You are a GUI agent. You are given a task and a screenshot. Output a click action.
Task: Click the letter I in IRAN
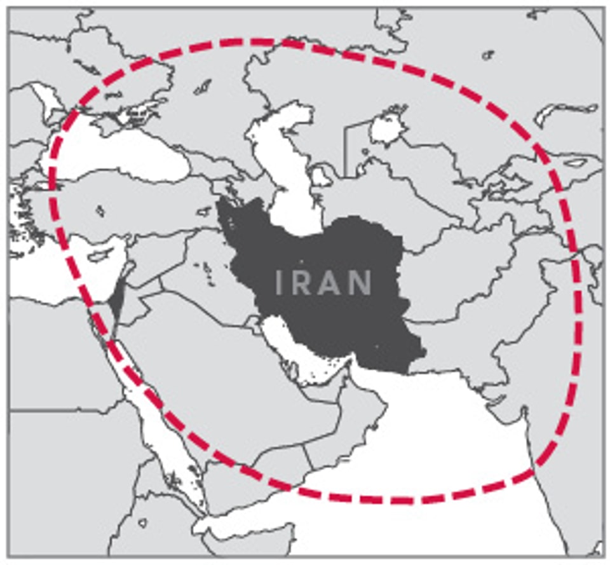(280, 282)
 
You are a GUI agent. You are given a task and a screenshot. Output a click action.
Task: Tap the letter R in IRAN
(302, 282)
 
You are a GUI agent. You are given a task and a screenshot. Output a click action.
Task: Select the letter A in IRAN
(330, 282)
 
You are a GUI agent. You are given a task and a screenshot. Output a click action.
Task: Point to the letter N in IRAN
(360, 282)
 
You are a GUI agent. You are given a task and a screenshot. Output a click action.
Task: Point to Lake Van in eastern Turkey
(204, 210)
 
